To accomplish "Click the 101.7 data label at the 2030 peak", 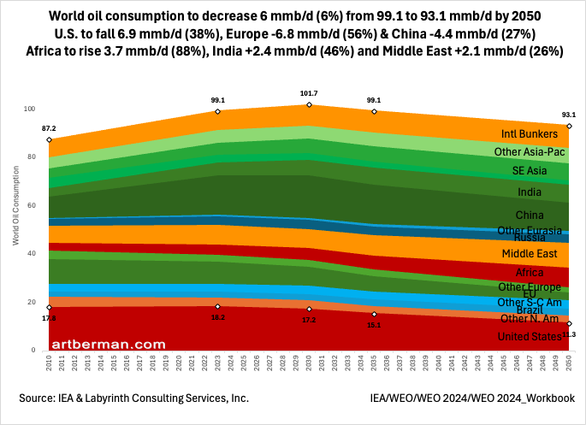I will tap(309, 93).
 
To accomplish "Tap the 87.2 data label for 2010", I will tap(49, 128).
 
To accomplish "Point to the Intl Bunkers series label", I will tap(530, 134).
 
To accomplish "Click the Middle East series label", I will tap(530, 254).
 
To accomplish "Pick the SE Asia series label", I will tap(530, 171).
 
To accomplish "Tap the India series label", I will tap(530, 192).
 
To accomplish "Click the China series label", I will tap(530, 214).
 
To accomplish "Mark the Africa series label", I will tap(530, 272).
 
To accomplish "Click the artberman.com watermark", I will tap(108, 343).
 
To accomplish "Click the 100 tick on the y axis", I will tap(29, 109).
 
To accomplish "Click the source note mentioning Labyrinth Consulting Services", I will tap(134, 398).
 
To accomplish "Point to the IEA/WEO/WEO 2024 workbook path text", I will tap(472, 398).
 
